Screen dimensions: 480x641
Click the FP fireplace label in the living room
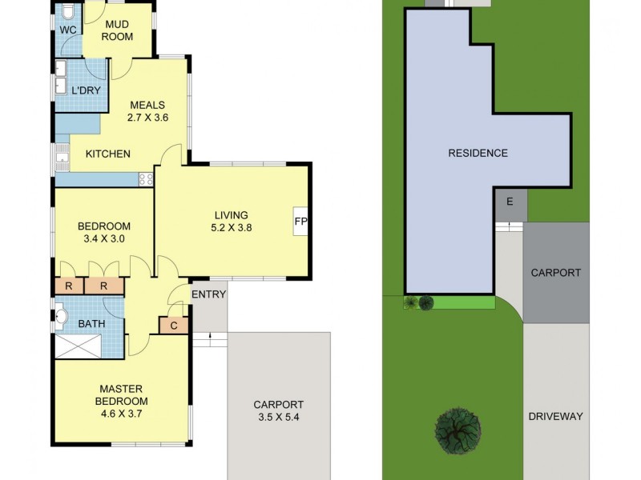click(x=301, y=222)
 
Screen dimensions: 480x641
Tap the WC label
click(x=67, y=30)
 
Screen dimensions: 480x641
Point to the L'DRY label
click(x=86, y=90)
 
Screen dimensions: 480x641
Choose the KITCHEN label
click(x=108, y=154)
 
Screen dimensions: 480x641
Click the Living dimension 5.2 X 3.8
click(x=231, y=227)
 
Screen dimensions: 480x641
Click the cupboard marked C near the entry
click(x=174, y=325)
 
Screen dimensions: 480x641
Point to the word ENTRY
click(x=209, y=294)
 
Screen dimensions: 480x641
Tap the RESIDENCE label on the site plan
click(x=478, y=153)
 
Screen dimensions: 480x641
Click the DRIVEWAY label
click(x=556, y=416)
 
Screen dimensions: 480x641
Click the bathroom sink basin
click(x=62, y=318)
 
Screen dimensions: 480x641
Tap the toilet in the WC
click(x=68, y=13)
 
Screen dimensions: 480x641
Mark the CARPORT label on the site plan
click(x=556, y=273)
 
